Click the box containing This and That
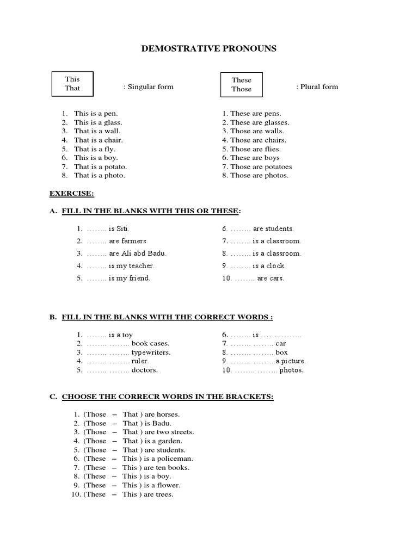click(72, 84)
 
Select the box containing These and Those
click(241, 84)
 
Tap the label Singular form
click(149, 87)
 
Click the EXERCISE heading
click(72, 193)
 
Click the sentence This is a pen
click(96, 114)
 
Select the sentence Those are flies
click(255, 149)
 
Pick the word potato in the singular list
click(115, 166)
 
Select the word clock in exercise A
click(276, 266)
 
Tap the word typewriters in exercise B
click(151, 352)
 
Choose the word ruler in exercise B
click(140, 361)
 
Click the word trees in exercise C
click(164, 494)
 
